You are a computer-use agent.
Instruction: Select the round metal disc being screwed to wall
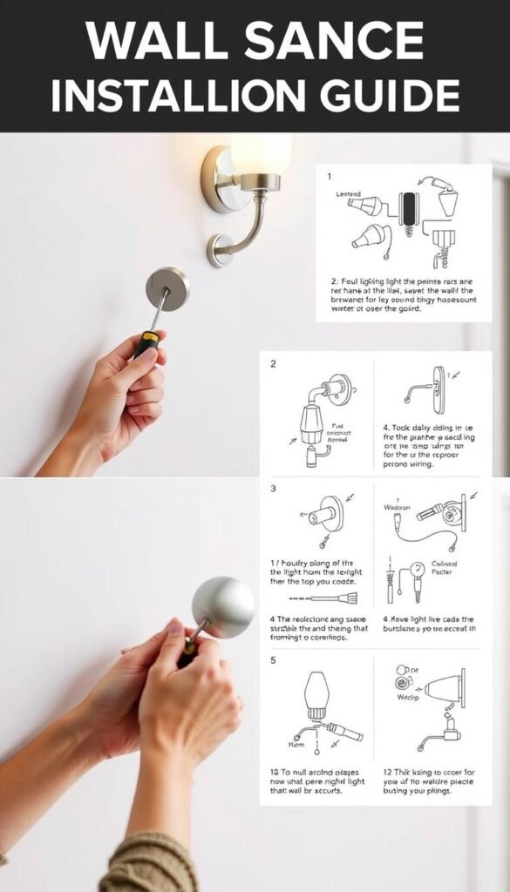click(x=167, y=288)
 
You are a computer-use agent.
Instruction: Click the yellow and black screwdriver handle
click(x=146, y=344)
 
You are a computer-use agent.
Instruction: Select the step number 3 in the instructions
click(x=273, y=490)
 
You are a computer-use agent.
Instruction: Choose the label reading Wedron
click(x=397, y=506)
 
